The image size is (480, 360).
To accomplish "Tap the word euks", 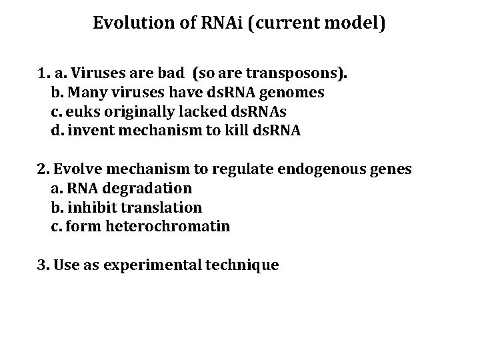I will point(79,111).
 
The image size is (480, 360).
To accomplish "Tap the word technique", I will point(245,265).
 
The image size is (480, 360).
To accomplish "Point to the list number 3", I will point(41,265).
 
